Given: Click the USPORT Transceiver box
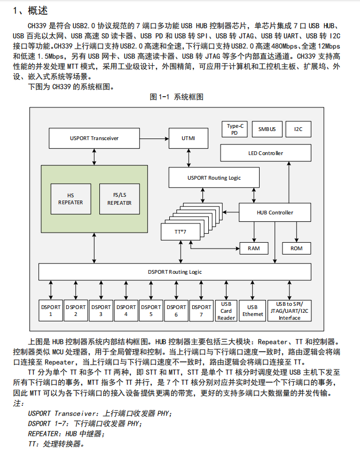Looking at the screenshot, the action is coord(94,138).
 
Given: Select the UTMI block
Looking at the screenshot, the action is coord(189,138).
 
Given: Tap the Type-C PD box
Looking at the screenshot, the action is coord(234,129).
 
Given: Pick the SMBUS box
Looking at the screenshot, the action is coord(267,129).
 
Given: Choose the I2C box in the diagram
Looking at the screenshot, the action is coord(298,129).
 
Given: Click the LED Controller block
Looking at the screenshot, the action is coord(265,153).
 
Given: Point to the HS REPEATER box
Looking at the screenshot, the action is coord(71,199).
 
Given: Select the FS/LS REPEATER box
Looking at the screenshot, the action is coord(120,199).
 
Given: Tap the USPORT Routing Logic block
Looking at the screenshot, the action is coord(214,178).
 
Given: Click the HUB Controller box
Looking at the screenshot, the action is coord(275,212).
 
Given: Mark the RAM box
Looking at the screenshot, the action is coord(254,249).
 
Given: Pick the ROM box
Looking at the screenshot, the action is coord(296,249).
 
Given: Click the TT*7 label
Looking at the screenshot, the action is coord(181,232).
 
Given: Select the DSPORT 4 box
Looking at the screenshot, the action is coord(126,311).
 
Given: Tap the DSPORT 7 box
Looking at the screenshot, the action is coord(201,311).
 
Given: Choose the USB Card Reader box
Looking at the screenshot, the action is coord(226,311).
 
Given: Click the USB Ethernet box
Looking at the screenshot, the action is coord(253,311).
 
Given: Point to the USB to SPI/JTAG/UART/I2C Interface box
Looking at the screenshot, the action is coord(289,311).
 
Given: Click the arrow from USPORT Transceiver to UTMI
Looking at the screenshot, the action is coord(154,138).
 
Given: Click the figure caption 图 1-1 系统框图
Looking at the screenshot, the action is coord(176,97).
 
